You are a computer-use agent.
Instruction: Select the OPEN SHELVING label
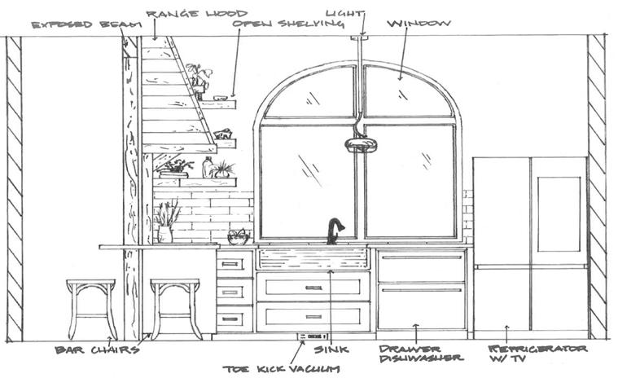pos(277,24)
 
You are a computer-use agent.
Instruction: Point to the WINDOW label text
pos(419,24)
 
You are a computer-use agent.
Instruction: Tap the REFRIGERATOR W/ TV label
pos(537,353)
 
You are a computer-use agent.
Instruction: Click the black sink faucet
pos(334,231)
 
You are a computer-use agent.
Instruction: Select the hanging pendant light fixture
pos(361,145)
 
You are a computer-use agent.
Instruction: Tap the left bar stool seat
pos(91,284)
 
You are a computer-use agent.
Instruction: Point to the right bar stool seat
pos(175,284)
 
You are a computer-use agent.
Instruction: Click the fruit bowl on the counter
pos(239,237)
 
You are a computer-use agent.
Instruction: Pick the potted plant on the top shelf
pos(198,80)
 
